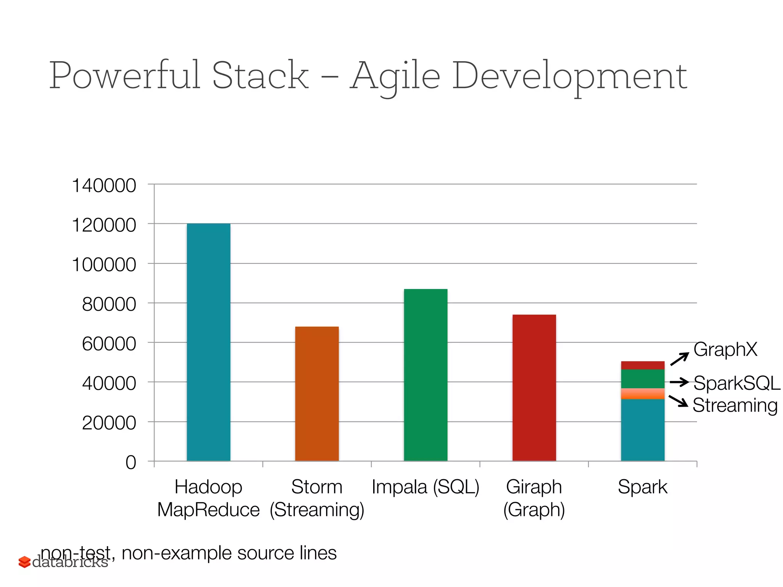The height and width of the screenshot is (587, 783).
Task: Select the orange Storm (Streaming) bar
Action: pos(317,394)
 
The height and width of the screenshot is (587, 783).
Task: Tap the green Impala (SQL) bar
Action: pos(426,375)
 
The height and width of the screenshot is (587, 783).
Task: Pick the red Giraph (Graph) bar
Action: pos(534,388)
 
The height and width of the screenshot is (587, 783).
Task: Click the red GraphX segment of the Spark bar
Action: pos(643,365)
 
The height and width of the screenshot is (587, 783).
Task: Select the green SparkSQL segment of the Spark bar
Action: pos(643,379)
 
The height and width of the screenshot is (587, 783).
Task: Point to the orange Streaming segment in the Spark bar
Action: pos(643,394)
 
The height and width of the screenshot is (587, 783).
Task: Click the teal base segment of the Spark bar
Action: pos(643,430)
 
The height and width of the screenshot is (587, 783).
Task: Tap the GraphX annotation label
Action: pos(725,349)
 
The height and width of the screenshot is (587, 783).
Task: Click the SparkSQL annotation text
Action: pos(736,383)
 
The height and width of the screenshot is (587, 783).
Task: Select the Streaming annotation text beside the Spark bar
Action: pos(735,405)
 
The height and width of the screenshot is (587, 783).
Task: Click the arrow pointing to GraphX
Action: pos(679,359)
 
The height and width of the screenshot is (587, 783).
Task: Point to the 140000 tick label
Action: pos(104,186)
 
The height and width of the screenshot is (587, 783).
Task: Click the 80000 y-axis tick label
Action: pos(109,305)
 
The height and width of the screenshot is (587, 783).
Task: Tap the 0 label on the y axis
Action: pos(131,462)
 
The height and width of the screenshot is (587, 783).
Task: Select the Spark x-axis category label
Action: pos(642,487)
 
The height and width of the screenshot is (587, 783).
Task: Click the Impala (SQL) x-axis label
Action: pos(426,487)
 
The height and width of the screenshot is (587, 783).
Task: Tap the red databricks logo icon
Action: pos(24,562)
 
